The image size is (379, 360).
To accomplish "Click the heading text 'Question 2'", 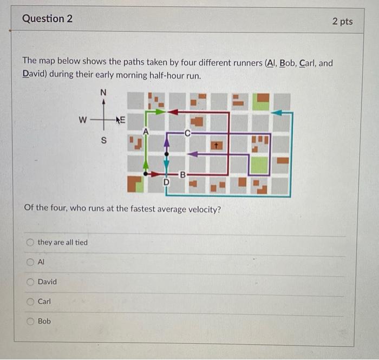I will pyautogui.click(x=47, y=19).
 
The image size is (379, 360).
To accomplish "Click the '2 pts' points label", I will pyautogui.click(x=342, y=21).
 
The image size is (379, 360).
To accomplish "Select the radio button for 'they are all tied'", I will pyautogui.click(x=30, y=242).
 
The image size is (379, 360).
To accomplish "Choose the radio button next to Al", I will pyautogui.click(x=30, y=262).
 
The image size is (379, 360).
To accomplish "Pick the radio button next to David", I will pyautogui.click(x=30, y=282).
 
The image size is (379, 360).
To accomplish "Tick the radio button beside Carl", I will pyautogui.click(x=30, y=302).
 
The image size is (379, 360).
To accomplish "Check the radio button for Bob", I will pyautogui.click(x=30, y=321).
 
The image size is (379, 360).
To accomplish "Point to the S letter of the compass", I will pyautogui.click(x=104, y=142).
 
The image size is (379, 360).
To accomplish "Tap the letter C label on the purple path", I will pyautogui.click(x=187, y=132).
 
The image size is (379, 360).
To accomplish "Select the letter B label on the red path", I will pyautogui.click(x=182, y=174).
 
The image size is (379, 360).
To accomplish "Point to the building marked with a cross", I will pyautogui.click(x=216, y=145).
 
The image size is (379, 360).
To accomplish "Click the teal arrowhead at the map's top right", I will pyautogui.click(x=277, y=113).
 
